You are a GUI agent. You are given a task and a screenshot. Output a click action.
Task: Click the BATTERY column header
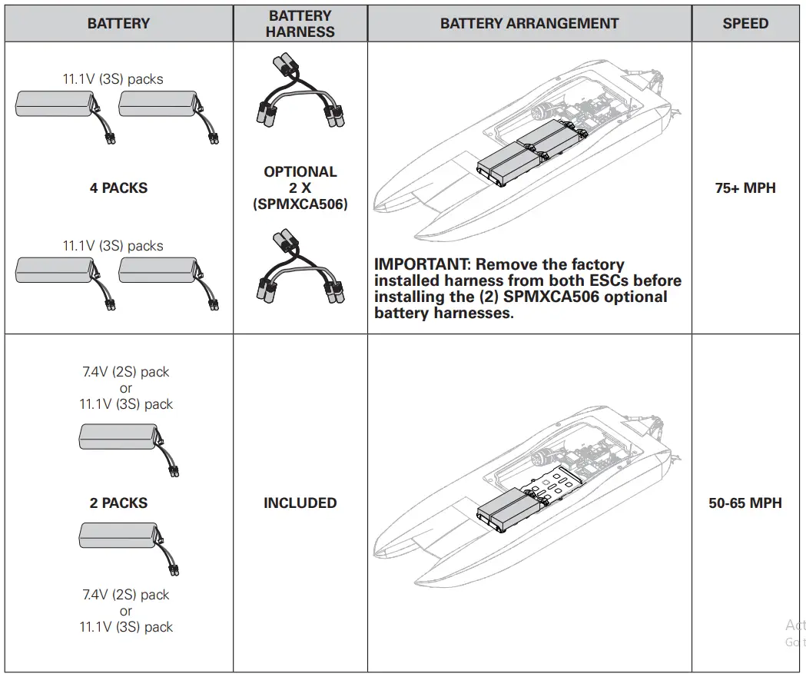[118, 23]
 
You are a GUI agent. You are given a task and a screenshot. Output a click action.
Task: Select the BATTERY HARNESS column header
[300, 23]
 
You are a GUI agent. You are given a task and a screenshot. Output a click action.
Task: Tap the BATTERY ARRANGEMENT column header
[529, 23]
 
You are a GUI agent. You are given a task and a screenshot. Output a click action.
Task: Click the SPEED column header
[745, 23]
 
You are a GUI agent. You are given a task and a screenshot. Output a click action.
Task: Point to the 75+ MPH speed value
[745, 188]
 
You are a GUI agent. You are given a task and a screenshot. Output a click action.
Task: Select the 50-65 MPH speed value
[745, 503]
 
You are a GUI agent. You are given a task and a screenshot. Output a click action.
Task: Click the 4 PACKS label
[118, 188]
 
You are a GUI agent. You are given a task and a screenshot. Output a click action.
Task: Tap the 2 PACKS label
[118, 503]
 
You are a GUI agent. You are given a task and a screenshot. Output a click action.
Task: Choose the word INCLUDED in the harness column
[300, 503]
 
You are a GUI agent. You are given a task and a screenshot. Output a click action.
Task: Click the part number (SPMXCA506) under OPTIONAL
[300, 204]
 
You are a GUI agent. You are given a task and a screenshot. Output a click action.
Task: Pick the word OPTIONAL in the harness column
[300, 171]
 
